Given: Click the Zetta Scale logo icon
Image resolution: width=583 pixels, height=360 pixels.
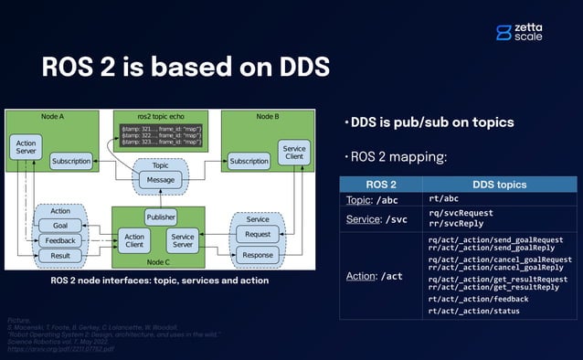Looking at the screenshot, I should point(503,32).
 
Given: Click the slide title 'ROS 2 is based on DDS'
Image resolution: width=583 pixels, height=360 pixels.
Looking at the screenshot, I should point(186,69).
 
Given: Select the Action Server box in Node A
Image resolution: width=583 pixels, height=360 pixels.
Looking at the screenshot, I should point(25,146).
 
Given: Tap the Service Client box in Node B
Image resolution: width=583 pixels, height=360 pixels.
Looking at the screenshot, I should point(294,154).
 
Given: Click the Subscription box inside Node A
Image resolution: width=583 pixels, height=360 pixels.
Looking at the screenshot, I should point(70,162).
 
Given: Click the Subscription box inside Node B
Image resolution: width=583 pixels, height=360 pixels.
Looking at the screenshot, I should point(249,162).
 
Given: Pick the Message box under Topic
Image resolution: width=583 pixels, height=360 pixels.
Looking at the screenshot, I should point(160,180).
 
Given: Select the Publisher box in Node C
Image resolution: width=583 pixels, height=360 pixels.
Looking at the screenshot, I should point(161,217).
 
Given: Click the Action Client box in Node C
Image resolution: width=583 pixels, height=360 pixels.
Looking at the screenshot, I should point(134,240).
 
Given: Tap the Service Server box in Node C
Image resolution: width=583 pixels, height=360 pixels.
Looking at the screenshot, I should point(183,240).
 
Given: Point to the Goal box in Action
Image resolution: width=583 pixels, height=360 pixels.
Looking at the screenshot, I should point(59,225).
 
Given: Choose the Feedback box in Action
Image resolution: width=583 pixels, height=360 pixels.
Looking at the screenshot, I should point(59,240).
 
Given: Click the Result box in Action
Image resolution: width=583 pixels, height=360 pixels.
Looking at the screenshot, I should point(59,256).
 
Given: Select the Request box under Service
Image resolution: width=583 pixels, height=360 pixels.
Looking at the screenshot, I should point(258,234).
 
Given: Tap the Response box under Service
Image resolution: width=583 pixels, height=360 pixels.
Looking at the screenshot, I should point(258,255).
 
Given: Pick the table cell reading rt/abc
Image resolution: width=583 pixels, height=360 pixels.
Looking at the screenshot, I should point(443,198).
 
